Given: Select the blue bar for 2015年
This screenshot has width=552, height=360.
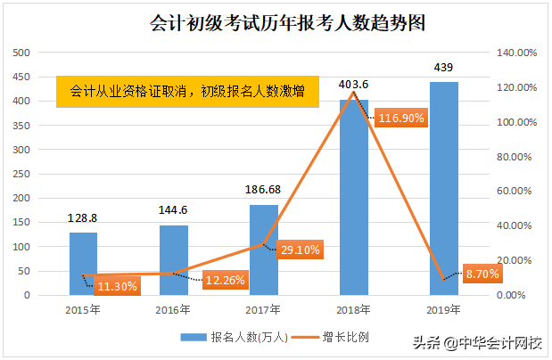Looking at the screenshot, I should click(x=83, y=263).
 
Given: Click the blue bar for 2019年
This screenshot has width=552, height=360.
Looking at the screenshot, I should click(x=443, y=187).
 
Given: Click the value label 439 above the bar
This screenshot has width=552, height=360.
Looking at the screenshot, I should click(x=443, y=68).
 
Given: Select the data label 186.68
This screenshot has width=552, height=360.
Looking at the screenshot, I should click(x=263, y=190).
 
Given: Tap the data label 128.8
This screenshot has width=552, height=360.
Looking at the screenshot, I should click(x=84, y=217).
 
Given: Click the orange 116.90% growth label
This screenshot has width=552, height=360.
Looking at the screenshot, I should click(x=401, y=117).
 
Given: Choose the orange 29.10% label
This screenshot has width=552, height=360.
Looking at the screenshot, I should click(x=299, y=250).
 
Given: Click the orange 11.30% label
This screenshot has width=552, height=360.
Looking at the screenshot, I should click(x=117, y=286).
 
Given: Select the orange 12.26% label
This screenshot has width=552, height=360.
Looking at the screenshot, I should click(x=224, y=281).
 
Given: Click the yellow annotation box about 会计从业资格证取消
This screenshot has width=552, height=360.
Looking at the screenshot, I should click(x=186, y=90).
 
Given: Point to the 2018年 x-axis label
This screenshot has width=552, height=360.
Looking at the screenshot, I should click(x=354, y=310).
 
